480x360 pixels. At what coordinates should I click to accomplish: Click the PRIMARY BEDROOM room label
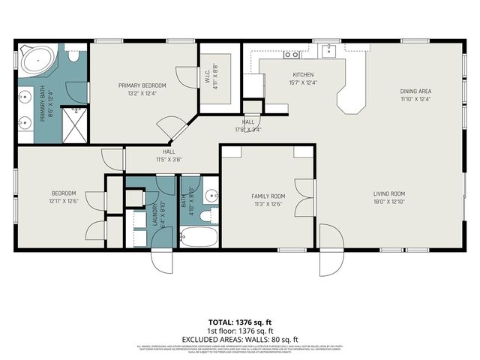[x=142, y=85]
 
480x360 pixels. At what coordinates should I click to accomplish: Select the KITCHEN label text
[x=302, y=74]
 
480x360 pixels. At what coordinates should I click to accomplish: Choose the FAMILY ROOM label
[x=268, y=196]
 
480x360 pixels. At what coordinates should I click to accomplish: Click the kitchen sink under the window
[x=328, y=51]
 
